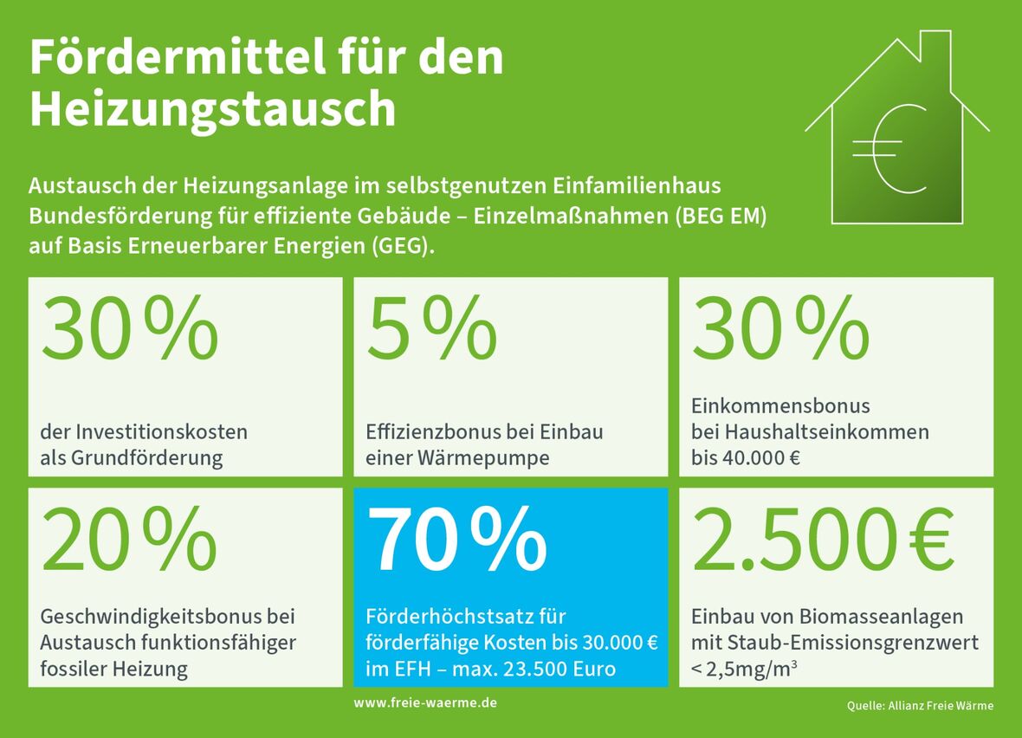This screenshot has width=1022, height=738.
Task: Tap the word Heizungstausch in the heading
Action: pyautogui.click(x=212, y=111)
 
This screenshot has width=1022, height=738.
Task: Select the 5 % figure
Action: pyautogui.click(x=432, y=330)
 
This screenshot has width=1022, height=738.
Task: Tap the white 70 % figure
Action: pyautogui.click(x=458, y=540)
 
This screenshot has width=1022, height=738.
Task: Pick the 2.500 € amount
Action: pyautogui.click(x=823, y=540)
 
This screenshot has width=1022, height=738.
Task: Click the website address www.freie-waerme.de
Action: pyautogui.click(x=425, y=702)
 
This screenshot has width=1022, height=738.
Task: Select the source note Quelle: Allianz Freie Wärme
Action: pyautogui.click(x=920, y=706)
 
